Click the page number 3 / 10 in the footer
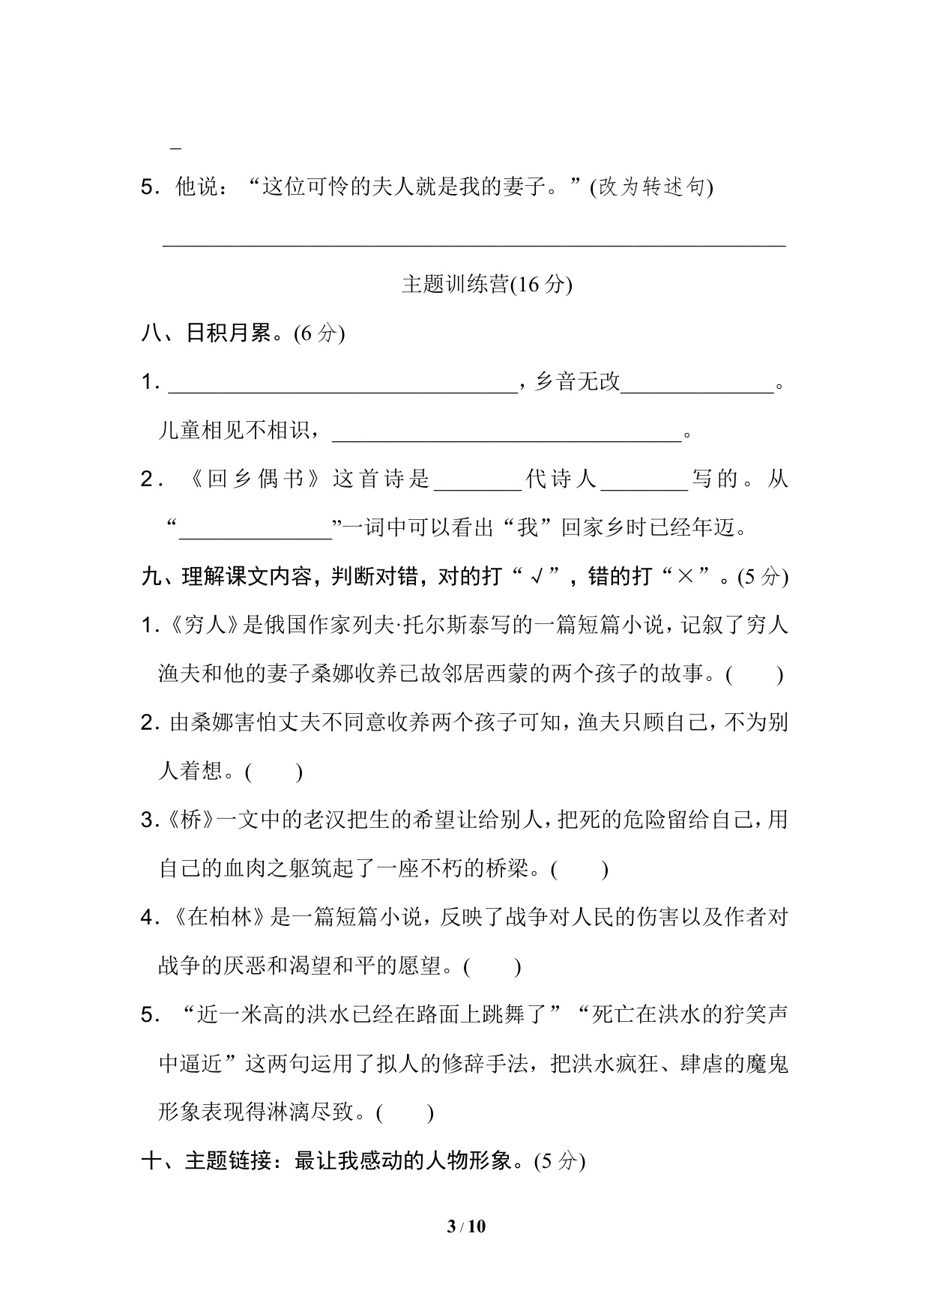(x=465, y=1226)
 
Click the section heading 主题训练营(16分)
(x=486, y=285)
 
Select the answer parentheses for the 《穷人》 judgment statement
(x=755, y=674)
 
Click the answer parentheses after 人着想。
(x=274, y=772)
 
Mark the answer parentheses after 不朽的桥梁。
(x=579, y=869)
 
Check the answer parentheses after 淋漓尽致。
(x=405, y=1112)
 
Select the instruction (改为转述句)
(x=652, y=187)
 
